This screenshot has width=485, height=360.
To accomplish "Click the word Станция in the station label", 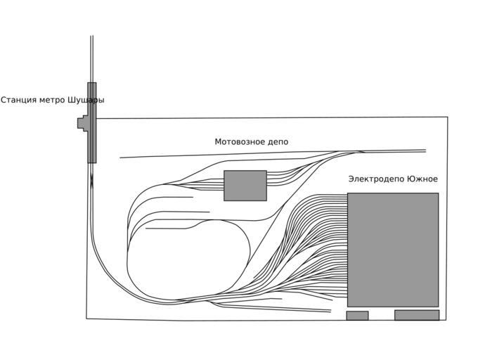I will pyautogui.click(x=20, y=100).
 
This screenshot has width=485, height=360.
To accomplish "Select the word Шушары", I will pyautogui.click(x=86, y=100).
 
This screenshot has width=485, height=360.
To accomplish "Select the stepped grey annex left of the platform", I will pyautogui.click(x=82, y=123).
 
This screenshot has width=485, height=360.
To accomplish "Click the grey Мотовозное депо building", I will pyautogui.click(x=245, y=186).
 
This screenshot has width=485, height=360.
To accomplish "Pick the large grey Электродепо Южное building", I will pyautogui.click(x=393, y=250).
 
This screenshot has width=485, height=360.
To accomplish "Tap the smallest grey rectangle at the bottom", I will pyautogui.click(x=357, y=316).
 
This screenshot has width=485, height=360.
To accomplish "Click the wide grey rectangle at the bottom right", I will pyautogui.click(x=417, y=315).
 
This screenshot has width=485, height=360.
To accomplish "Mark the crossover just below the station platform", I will pyautogui.click(x=91, y=181).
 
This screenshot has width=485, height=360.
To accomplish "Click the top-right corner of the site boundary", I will pyautogui.click(x=447, y=117).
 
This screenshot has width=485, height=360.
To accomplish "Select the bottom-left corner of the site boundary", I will pyautogui.click(x=86, y=319).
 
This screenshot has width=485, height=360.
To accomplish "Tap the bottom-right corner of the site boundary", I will pyautogui.click(x=446, y=320).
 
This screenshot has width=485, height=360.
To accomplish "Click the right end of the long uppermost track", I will pyautogui.click(x=425, y=150).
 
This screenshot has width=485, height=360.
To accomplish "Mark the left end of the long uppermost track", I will pyautogui.click(x=120, y=157).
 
